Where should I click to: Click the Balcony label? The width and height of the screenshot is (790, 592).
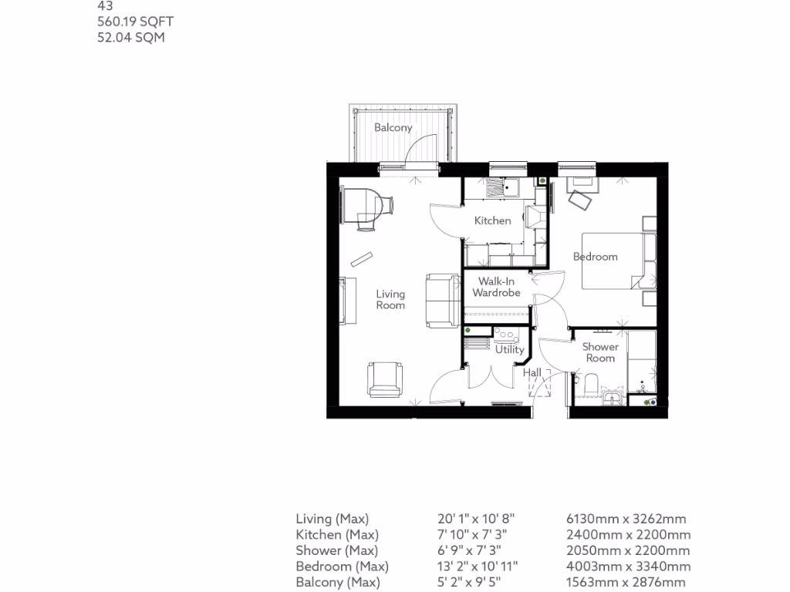(x=393, y=128)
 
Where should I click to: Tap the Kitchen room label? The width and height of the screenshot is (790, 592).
(x=492, y=220)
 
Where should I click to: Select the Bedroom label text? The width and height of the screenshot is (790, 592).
(x=596, y=257)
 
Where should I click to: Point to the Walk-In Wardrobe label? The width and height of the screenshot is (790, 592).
(x=497, y=288)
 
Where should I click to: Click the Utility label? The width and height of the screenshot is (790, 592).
(x=510, y=350)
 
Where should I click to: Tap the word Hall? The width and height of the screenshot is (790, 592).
(x=532, y=373)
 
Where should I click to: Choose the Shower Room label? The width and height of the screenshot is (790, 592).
(x=600, y=352)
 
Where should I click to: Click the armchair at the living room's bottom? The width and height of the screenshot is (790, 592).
(x=385, y=378)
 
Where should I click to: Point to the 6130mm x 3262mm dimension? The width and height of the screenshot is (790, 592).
(x=626, y=519)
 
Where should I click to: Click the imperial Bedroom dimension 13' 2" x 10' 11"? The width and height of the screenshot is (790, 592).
(x=478, y=567)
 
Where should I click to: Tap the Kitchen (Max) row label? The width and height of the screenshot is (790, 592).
(x=337, y=535)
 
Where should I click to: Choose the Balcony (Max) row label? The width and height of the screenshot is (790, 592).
(x=338, y=583)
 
